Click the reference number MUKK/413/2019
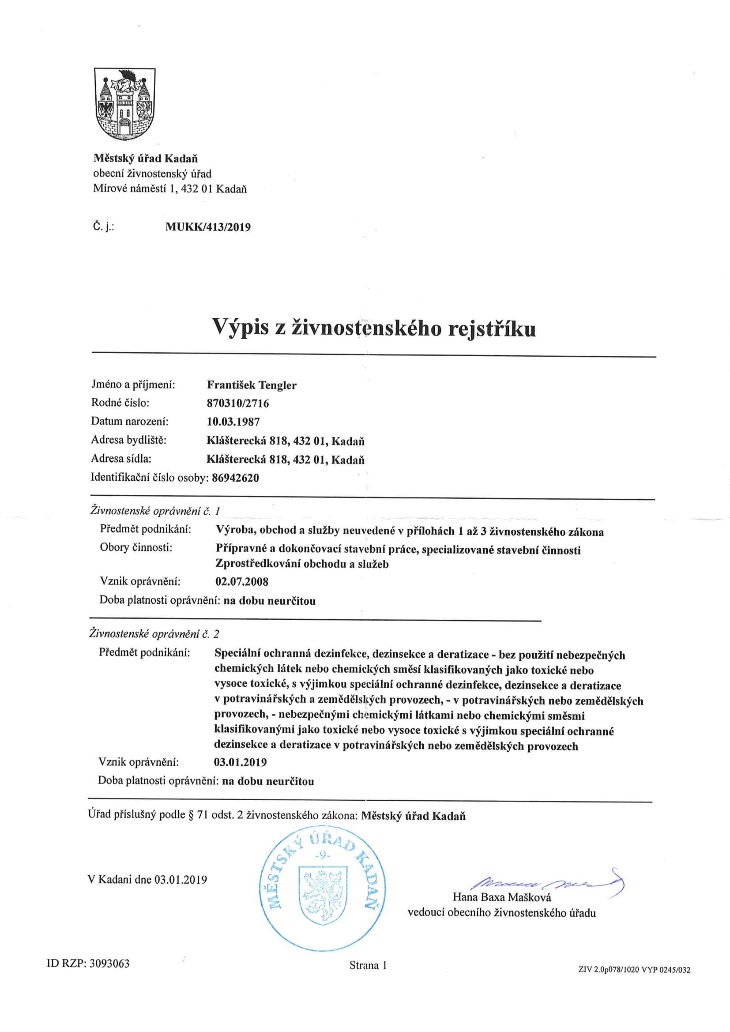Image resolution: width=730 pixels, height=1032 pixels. coord(208,227)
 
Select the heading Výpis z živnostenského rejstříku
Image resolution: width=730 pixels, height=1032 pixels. coord(373,328)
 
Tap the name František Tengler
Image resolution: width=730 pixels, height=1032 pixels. coord(251,385)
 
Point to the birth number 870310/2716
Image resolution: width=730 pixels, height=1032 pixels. coord(237,403)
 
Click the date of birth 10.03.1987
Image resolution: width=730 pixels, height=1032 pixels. coord(233,422)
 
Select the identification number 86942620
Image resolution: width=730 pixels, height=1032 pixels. coord(235,478)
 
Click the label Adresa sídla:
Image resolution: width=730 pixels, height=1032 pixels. coord(121,459)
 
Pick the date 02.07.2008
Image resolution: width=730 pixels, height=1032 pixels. coord(241,582)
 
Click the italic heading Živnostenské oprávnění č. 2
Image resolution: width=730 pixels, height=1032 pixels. coord(154,634)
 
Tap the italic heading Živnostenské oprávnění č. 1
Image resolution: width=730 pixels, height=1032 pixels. coord(155,511)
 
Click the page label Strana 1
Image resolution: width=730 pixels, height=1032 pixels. coord(368,965)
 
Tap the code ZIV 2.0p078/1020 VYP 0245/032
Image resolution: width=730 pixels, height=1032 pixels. coord(634,970)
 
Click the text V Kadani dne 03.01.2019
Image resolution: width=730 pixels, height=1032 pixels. coord(147,880)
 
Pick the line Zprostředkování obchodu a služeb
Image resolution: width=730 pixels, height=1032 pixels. coord(301,564)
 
